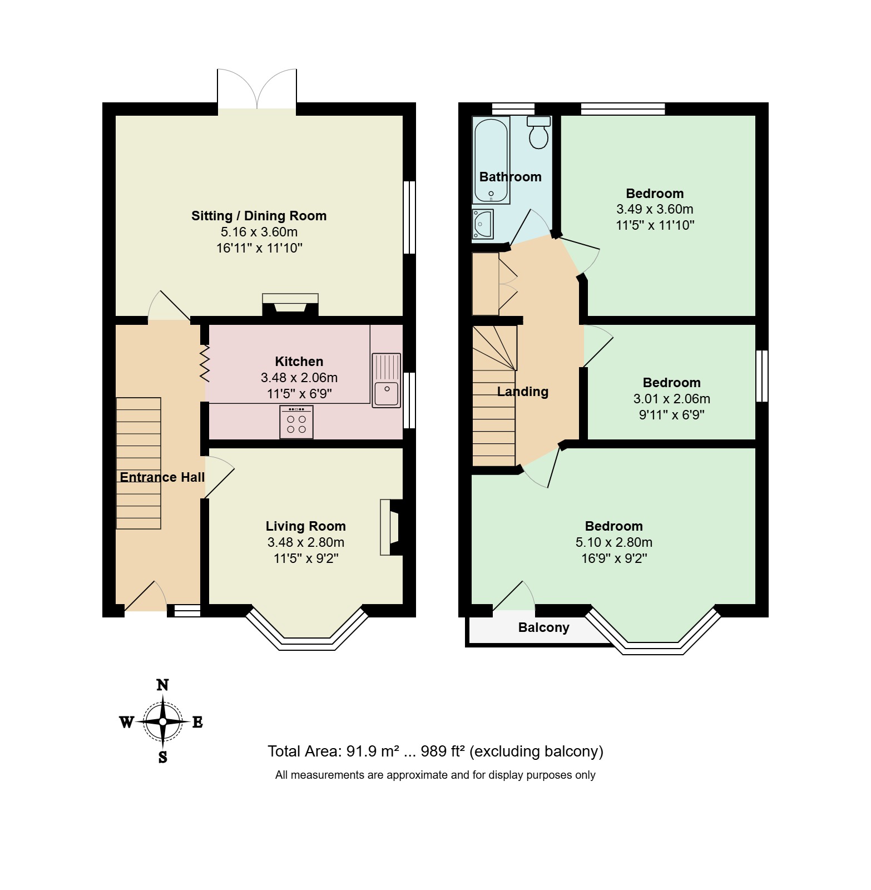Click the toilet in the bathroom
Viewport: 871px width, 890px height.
538,132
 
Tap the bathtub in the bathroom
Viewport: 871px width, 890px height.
491,160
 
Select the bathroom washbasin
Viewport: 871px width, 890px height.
482,224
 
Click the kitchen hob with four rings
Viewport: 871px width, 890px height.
296,422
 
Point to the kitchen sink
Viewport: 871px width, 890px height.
386,380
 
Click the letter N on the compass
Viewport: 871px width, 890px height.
162,685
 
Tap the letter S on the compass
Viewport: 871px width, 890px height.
162,757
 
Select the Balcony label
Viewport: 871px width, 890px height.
543,627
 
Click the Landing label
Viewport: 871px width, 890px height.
522,392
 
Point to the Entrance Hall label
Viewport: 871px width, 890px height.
162,477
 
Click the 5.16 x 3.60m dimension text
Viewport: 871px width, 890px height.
259,232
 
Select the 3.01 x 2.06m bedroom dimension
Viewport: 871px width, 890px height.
671,399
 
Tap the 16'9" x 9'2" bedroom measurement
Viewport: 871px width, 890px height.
614,558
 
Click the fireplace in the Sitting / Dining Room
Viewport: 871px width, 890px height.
290,304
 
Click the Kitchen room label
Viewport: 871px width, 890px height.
299,362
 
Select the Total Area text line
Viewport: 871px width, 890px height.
435,751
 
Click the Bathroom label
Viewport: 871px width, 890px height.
510,177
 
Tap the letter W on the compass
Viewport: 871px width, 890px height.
127,722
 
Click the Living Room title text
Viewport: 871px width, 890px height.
305,526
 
